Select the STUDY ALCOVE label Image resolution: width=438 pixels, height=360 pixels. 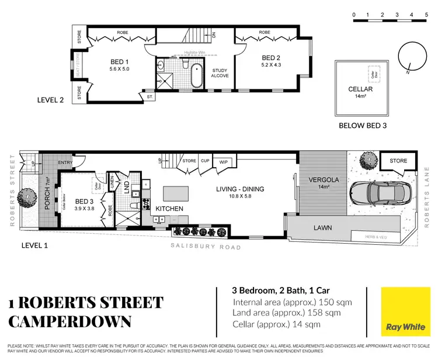tap(220, 73)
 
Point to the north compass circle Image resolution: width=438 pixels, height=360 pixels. tap(411, 60)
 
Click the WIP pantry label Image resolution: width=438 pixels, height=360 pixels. tap(223, 162)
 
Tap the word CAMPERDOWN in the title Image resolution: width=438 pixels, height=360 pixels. tap(70, 321)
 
